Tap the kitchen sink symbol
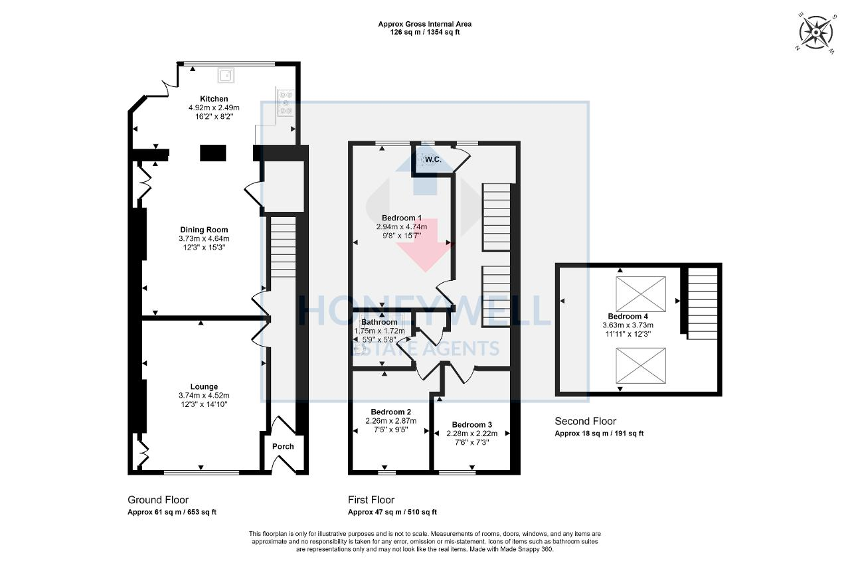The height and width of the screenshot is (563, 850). [226, 76]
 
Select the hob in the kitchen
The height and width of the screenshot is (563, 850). [286, 103]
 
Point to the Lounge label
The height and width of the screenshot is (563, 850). [204, 386]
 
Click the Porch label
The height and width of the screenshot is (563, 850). [284, 446]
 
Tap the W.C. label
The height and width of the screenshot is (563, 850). [434, 159]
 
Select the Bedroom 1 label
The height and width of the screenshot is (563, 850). [402, 218]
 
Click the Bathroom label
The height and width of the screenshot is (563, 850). [380, 322]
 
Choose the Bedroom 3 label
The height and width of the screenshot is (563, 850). [472, 425]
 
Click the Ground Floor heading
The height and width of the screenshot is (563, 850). [158, 500]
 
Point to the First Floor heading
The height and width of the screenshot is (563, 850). [371, 500]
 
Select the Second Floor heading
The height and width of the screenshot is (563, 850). [586, 421]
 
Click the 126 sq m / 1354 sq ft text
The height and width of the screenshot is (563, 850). [425, 32]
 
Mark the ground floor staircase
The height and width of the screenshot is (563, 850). [284, 249]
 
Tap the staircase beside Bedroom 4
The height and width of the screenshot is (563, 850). [702, 303]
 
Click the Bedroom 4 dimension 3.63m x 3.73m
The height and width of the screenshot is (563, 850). [628, 325]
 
